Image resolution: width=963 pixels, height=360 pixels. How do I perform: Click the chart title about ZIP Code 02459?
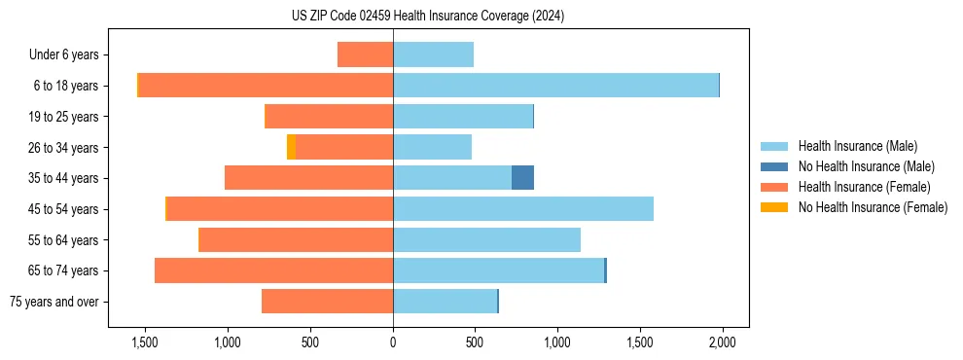tap(427, 17)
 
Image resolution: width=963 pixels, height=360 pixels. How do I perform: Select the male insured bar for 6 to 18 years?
tap(555, 86)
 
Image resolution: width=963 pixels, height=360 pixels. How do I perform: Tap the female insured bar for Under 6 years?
tap(365, 54)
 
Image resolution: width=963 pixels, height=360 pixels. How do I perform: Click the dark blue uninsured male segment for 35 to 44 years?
tap(522, 178)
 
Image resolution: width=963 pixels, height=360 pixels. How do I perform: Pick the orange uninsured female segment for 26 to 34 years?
tap(291, 147)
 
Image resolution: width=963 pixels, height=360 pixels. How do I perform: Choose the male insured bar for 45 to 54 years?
tap(523, 209)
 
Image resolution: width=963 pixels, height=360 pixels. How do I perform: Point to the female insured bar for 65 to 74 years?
tap(273, 270)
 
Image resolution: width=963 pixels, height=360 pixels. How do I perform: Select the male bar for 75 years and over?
tap(445, 302)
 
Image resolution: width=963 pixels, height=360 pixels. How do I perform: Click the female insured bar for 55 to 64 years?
tap(296, 239)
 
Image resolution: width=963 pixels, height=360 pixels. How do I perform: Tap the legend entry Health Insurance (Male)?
tap(857, 146)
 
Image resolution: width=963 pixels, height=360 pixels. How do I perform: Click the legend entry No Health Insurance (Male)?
tap(866, 166)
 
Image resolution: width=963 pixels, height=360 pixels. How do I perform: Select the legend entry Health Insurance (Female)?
tap(864, 187)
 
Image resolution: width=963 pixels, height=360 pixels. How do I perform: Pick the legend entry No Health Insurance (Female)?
tap(873, 207)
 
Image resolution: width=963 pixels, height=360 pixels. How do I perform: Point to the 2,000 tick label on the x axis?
tap(722, 342)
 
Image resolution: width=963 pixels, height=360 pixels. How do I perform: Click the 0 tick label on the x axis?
tap(393, 342)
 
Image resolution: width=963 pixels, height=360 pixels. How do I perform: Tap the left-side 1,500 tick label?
tap(144, 342)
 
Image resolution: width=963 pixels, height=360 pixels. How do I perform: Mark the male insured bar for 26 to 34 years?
tap(432, 147)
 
